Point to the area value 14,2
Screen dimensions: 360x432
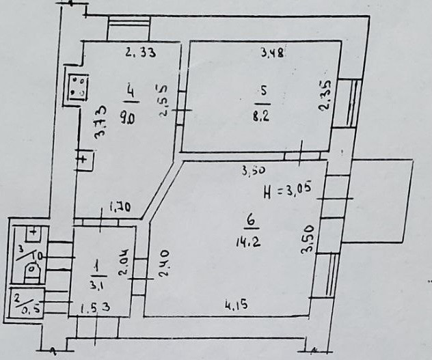click(253, 240)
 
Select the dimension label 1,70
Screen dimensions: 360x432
click(120, 207)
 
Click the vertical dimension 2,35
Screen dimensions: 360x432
click(325, 96)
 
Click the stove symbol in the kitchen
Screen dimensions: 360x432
click(76, 85)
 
